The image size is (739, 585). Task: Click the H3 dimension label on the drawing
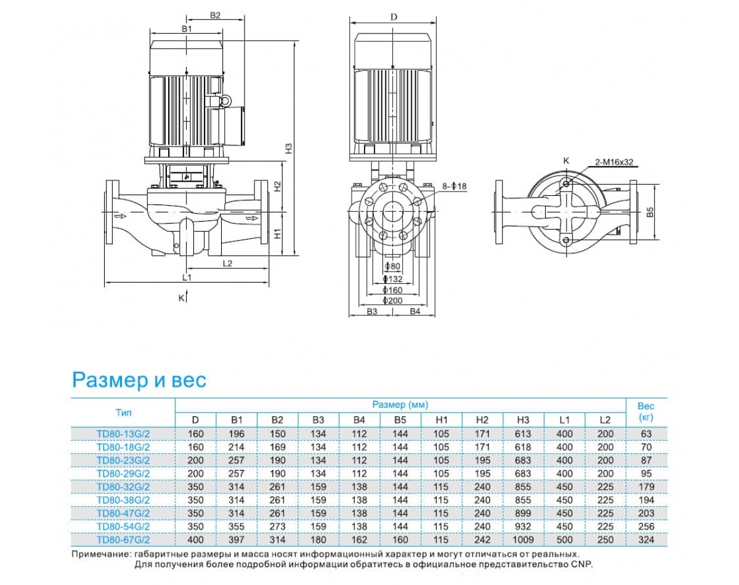(x=288, y=148)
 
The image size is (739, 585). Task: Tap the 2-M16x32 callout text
(x=614, y=163)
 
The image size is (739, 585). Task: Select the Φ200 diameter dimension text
(x=392, y=301)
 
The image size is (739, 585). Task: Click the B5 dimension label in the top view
(x=650, y=212)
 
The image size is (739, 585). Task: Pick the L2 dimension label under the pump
(x=227, y=263)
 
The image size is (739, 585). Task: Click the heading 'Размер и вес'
(x=139, y=380)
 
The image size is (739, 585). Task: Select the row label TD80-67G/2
(x=123, y=540)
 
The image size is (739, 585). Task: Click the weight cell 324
(x=645, y=540)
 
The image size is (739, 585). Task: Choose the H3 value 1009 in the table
(x=523, y=540)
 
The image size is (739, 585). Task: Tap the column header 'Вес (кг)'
(x=645, y=412)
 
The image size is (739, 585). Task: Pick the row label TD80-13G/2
(x=123, y=434)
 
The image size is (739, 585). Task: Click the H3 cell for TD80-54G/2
(x=523, y=526)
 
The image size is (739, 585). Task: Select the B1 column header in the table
(x=236, y=419)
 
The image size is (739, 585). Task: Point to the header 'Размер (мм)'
(x=400, y=405)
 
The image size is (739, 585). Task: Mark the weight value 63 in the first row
(x=645, y=434)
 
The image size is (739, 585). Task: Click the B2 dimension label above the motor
(x=215, y=16)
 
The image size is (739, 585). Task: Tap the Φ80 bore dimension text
(x=392, y=267)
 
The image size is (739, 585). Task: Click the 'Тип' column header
(x=123, y=412)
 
